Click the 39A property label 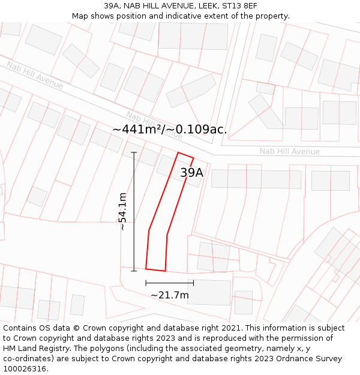tap(192, 173)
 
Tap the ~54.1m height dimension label tap(122, 211)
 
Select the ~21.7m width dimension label tap(169, 295)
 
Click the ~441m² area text tap(137, 129)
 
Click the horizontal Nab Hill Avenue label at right tap(289, 151)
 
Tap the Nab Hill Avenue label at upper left tap(35, 74)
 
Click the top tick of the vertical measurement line tap(134, 152)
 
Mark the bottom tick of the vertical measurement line tap(134, 271)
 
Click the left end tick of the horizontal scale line tap(146, 283)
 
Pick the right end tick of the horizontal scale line tap(193, 283)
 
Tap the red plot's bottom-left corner tap(146, 268)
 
